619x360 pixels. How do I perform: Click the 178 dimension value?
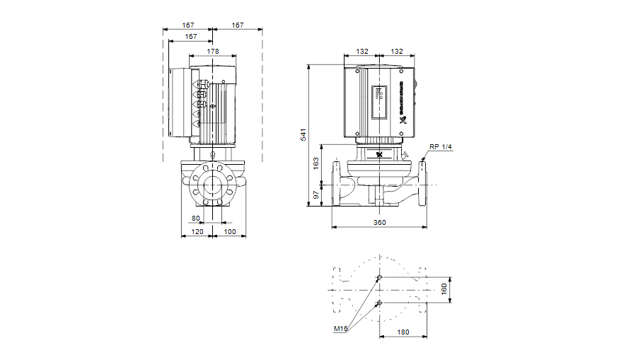coord(213,51)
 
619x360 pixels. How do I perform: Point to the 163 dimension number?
coord(316,162)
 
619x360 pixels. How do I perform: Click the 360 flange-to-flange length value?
coord(380,223)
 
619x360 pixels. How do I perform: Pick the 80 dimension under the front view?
coord(196,218)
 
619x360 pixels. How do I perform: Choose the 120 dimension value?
coord(197,232)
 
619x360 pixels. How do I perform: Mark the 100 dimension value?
coord(229,232)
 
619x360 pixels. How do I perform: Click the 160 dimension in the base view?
coord(444,290)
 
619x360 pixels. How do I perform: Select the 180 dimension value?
coord(403,332)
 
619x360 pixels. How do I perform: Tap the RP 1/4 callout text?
coord(439,146)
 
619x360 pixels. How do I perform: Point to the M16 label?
coord(340,329)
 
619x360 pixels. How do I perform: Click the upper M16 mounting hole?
coord(380,277)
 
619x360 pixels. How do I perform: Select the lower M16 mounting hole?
coord(380,303)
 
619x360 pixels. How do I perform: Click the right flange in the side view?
coord(423,183)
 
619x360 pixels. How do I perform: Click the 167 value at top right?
coord(238,25)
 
